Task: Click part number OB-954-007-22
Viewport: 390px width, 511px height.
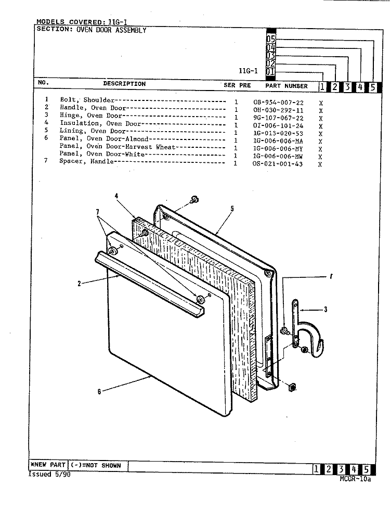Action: point(278,102)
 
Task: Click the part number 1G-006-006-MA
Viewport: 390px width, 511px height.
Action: point(278,141)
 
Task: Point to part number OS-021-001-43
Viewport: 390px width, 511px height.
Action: point(278,164)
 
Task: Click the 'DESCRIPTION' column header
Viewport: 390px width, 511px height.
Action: point(124,84)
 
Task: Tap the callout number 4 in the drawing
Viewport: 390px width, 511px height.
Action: point(116,196)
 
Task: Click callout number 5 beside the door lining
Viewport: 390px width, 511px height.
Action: point(232,208)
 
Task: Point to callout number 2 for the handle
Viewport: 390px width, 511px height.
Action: point(79,284)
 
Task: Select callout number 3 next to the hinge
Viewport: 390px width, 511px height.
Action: point(326,310)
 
